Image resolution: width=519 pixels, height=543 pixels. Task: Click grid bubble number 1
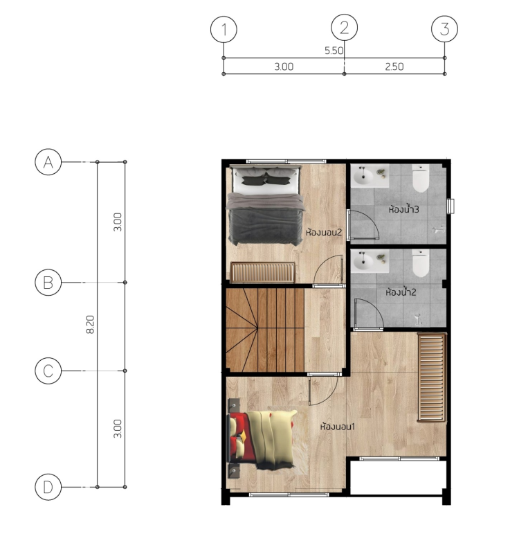(224, 29)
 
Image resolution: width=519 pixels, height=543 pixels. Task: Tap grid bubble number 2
(345, 28)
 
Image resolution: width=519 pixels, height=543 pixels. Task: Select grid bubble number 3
(444, 29)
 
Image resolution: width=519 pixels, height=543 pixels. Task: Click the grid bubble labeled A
(48, 162)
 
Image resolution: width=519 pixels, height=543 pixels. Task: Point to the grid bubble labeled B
(48, 283)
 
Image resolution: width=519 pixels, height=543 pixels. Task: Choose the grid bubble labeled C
(48, 371)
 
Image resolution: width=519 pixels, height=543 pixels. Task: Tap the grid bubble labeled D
(48, 488)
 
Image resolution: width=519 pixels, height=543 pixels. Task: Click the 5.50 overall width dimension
(334, 51)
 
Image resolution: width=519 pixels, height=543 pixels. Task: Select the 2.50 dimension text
(394, 66)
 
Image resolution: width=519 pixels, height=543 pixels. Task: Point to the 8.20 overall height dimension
(90, 324)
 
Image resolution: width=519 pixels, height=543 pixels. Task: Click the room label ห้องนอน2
(324, 231)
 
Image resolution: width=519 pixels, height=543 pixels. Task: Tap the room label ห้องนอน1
(338, 427)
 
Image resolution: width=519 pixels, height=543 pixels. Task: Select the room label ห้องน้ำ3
(404, 209)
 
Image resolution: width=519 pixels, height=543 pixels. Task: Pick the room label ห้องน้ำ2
(401, 292)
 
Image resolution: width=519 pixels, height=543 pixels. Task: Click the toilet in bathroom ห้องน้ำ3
(421, 178)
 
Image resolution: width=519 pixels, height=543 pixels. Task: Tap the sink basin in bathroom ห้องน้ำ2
(363, 262)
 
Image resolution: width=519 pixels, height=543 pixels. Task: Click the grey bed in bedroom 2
(266, 205)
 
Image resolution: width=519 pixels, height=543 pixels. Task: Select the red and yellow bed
(262, 439)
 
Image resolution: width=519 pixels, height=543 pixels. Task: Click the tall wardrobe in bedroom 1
(432, 377)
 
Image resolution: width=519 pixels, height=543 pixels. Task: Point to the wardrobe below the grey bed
(263, 273)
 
